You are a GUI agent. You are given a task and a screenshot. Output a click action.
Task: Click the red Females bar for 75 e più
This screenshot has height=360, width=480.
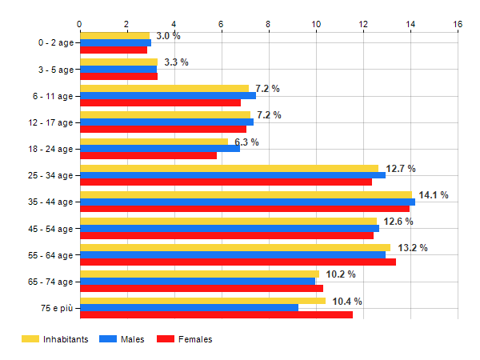coord(216,314)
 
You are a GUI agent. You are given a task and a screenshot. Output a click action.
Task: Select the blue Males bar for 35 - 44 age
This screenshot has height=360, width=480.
coord(247,202)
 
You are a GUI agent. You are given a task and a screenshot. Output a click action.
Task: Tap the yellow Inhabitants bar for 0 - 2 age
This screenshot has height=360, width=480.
coord(114,35)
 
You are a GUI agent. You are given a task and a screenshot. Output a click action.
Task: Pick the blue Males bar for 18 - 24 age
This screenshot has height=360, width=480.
coord(159,148)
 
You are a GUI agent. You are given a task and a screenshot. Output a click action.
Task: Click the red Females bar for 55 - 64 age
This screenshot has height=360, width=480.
coord(238,262)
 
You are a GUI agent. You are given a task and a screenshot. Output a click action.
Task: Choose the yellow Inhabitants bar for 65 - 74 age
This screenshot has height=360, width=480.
coord(199,274)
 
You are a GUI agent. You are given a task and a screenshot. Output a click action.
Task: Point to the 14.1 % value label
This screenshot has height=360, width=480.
coord(433,194)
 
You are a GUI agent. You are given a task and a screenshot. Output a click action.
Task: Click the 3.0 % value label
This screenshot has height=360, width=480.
coord(168,36)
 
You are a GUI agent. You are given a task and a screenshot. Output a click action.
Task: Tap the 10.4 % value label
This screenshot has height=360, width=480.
coord(347,301)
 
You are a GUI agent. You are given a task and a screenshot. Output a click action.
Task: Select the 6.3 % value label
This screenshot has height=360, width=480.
coord(246,142)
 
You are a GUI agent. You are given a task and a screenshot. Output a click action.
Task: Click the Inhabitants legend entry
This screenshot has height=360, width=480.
coord(54,339)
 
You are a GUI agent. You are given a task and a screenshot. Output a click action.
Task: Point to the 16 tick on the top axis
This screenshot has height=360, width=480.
coord(458,23)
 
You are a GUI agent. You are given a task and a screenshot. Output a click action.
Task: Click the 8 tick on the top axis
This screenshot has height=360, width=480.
coord(269,23)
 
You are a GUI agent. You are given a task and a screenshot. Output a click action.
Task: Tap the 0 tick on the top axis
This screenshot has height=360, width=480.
coord(80,23)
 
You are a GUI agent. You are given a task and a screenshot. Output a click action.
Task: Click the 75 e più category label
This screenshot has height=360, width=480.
coord(56,308)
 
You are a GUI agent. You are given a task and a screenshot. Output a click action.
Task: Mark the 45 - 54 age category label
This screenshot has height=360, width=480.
coord(50,229)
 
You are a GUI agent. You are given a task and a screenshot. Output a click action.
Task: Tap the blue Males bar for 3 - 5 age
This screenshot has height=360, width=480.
coord(118,69)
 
